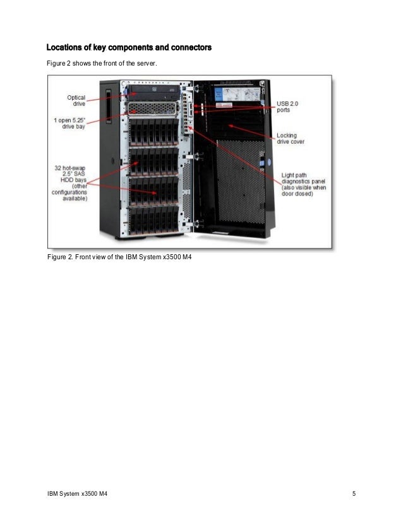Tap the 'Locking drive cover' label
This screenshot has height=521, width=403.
pyautogui.click(x=290, y=139)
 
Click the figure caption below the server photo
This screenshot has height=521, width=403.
pyautogui.click(x=119, y=258)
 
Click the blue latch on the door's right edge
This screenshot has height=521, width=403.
pyautogui.click(x=268, y=162)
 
